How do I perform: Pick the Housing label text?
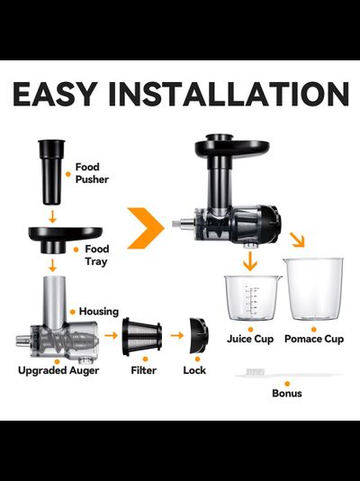click(x=99, y=312)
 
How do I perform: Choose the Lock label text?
click(x=194, y=370)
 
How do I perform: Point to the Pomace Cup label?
click(x=314, y=340)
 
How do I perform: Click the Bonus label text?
click(x=287, y=393)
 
